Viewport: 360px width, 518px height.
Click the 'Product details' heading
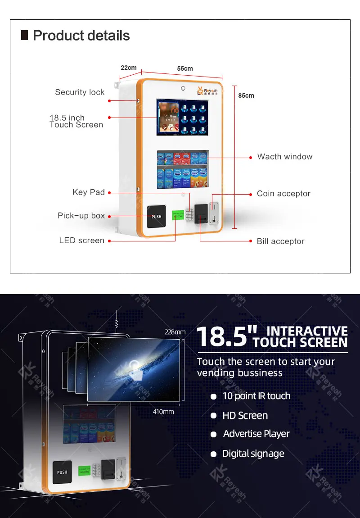81,36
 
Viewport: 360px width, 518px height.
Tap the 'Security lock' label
80,92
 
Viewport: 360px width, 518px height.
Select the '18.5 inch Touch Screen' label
76,121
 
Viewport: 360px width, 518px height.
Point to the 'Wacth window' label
285,157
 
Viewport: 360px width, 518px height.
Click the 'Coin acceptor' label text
283,194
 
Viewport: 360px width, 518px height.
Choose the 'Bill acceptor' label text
280,241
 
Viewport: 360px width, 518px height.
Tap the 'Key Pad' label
89,192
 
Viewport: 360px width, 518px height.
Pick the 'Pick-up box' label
81,216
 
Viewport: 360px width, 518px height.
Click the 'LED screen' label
81,241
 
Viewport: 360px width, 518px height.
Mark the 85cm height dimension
246,95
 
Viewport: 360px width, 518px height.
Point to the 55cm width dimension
184,68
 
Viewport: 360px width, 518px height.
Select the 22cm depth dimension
129,68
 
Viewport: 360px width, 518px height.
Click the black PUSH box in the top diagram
156,217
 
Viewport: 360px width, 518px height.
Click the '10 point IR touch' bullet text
256,396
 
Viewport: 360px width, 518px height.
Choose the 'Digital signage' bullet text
253,454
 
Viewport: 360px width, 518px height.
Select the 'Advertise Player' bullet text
256,434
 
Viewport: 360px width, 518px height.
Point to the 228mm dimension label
175,332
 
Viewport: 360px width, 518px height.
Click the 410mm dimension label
162,412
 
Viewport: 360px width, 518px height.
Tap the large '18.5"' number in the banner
224,336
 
